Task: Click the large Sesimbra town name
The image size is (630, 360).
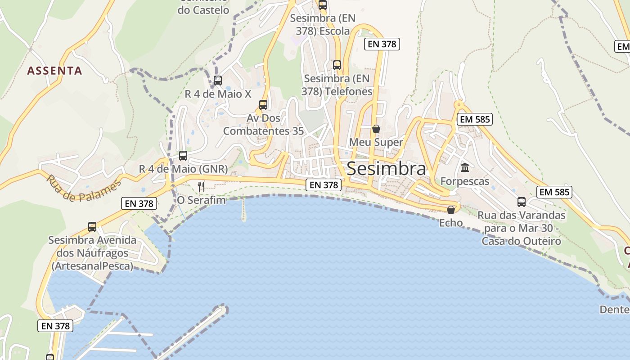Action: click(386, 169)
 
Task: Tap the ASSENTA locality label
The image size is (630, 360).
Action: click(54, 71)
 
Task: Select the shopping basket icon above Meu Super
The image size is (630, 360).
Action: click(376, 129)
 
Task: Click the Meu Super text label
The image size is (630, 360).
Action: click(376, 143)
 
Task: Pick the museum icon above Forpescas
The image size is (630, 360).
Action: click(465, 168)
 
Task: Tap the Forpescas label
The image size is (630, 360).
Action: click(465, 181)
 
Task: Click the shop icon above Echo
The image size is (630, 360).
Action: click(451, 210)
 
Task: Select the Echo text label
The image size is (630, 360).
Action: click(451, 223)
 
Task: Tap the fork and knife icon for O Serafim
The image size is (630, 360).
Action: click(201, 186)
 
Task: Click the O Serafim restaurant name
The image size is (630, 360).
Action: click(201, 200)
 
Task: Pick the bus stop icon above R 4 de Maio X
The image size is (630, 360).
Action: click(218, 81)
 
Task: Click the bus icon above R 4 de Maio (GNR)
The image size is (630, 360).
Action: click(183, 156)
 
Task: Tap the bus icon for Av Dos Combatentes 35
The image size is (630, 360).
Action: click(263, 105)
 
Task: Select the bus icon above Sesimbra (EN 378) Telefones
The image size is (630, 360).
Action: click(337, 65)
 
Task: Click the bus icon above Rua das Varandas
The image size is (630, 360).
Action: click(522, 202)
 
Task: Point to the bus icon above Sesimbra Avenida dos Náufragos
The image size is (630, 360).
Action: click(92, 227)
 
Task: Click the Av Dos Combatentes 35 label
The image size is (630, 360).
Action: click(263, 125)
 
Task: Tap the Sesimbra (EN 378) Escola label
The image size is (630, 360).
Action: click(322, 25)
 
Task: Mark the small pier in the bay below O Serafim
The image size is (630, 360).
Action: click(243, 210)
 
